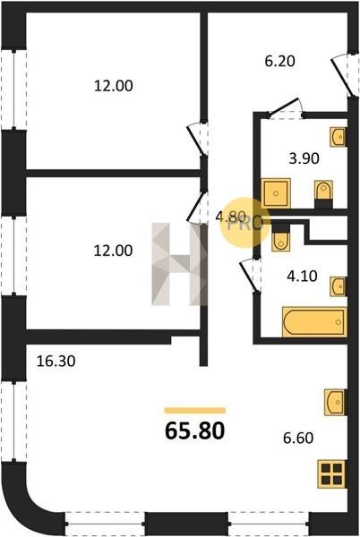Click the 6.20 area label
pos(279,61)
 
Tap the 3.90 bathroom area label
pos(304,158)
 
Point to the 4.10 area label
pos(302,276)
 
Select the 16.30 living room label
pos(56,361)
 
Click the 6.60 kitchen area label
pos(298,438)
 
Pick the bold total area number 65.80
pos(195,430)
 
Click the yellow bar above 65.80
pos(195,410)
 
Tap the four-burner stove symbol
pos(331,474)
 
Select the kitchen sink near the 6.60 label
pos(336,403)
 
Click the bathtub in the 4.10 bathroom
pos(314,322)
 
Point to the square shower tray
pos(276,193)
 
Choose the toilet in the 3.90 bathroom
pos(323,194)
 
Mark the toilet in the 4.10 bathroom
pos(280,237)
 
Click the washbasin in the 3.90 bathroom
pos(339,137)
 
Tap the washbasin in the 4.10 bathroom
pos(339,286)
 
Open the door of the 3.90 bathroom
pos(285,108)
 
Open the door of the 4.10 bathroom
pos(249,275)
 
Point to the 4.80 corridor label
pos(230,217)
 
